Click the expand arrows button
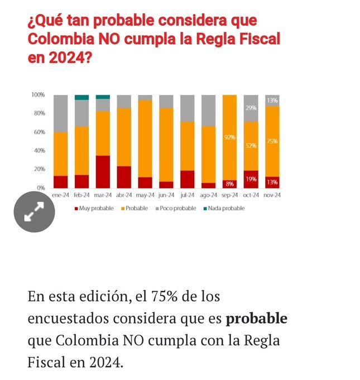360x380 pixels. click(x=34, y=212)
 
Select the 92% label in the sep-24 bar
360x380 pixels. click(x=229, y=137)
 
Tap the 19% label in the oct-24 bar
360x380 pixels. click(x=251, y=179)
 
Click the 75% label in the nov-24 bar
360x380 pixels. click(x=272, y=141)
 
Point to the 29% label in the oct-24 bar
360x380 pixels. click(x=251, y=107)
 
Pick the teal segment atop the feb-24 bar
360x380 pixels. click(x=81, y=97)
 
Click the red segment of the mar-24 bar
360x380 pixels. click(x=103, y=172)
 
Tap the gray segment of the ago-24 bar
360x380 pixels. click(x=208, y=110)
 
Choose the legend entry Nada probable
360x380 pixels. click(x=226, y=208)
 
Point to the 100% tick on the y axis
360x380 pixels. click(x=38, y=95)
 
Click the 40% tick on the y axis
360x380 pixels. click(x=39, y=151)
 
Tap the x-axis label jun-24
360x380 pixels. click(x=166, y=195)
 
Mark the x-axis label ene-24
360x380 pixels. click(x=60, y=195)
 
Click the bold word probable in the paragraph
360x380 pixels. click(x=256, y=319)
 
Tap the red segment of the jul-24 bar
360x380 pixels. click(x=187, y=179)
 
